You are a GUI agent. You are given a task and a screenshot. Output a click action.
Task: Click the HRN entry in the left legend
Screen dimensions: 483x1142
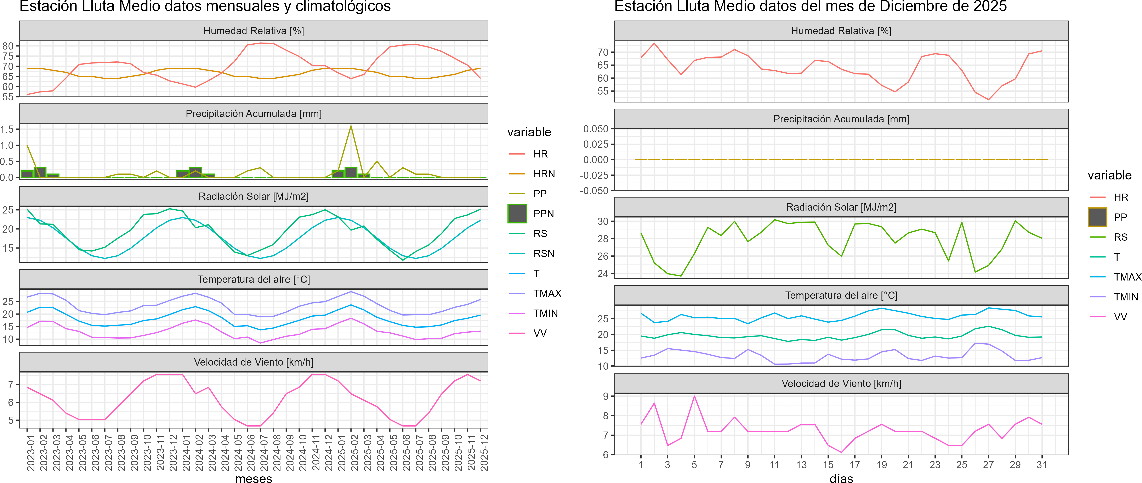coord(544,174)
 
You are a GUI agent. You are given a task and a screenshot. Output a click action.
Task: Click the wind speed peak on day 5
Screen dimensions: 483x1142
coord(694,396)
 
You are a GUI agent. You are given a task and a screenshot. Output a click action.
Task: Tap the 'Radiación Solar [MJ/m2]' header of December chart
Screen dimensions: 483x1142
coord(841,207)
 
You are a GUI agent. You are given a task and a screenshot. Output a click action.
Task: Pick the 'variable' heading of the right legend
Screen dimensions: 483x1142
coord(1109,175)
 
